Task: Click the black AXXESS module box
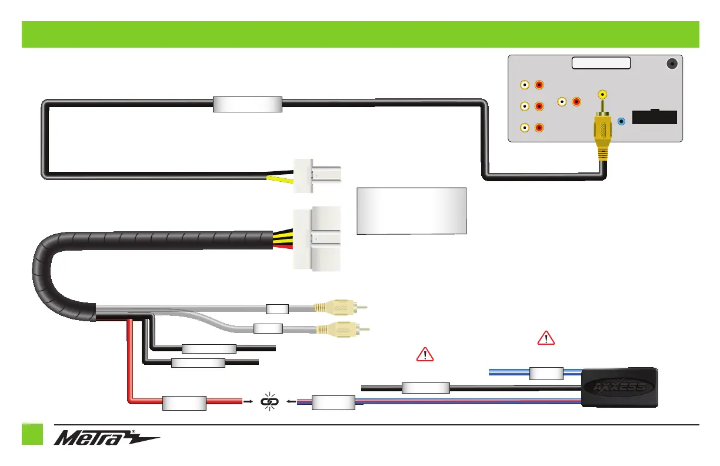[x=619, y=387]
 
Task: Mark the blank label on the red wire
[x=184, y=403]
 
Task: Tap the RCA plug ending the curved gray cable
[x=342, y=328]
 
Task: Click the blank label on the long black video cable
[x=247, y=104]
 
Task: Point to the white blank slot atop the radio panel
[x=600, y=63]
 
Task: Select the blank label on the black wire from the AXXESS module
[x=425, y=388]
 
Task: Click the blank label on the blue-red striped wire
[x=333, y=403]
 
